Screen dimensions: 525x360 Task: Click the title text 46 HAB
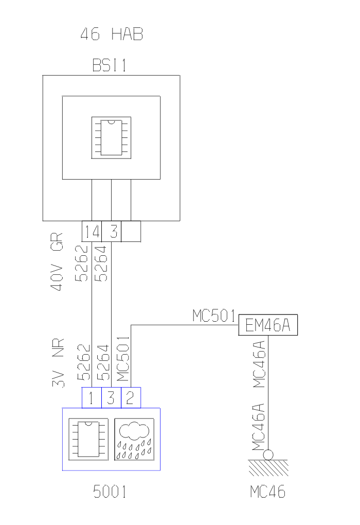pos(111,35)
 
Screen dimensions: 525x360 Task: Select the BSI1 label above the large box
pos(111,66)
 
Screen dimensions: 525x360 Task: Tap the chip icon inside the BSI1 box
pos(111,137)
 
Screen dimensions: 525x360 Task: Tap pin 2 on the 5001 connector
pos(131,398)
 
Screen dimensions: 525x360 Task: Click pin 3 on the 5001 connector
pos(111,398)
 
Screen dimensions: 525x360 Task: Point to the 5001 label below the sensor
pos(110,492)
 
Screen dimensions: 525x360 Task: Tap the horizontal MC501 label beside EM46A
pos(214,316)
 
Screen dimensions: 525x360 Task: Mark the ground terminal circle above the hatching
pos(268,455)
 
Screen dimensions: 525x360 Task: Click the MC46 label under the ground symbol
pos(268,492)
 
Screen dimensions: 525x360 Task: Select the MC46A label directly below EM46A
pos(260,363)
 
